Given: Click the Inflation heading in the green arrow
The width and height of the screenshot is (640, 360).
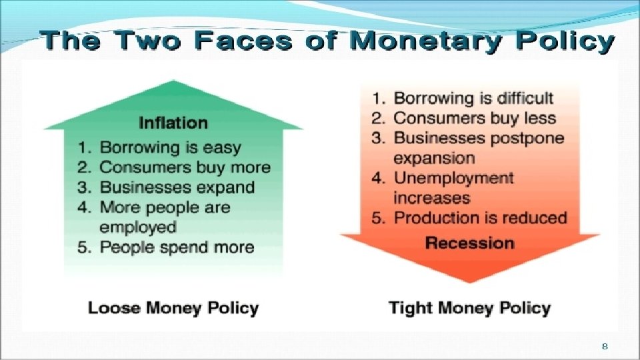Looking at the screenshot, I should pyautogui.click(x=173, y=123).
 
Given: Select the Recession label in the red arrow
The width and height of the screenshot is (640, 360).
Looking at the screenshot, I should pyautogui.click(x=469, y=242).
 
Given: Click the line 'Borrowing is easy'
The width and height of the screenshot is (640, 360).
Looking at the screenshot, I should pyautogui.click(x=170, y=147).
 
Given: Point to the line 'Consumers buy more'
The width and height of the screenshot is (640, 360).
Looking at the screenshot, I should pyautogui.click(x=185, y=167).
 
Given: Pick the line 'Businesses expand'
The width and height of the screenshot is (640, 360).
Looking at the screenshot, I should pyautogui.click(x=177, y=187).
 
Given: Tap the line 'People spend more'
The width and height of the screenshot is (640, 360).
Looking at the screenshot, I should pyautogui.click(x=177, y=247).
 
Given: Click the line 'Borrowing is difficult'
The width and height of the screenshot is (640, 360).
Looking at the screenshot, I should pyautogui.click(x=473, y=98).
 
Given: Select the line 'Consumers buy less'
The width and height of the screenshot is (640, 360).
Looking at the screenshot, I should pyautogui.click(x=475, y=118).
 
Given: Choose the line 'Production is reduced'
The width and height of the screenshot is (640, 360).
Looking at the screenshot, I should pyautogui.click(x=480, y=217).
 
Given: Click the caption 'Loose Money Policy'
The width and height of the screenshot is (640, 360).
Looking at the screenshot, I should pyautogui.click(x=173, y=307).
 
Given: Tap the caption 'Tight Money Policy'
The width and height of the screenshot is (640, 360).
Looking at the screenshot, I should pyautogui.click(x=469, y=307).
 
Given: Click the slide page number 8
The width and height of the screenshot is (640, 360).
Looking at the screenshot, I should pyautogui.click(x=605, y=346).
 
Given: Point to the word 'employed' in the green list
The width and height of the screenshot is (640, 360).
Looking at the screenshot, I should pyautogui.click(x=138, y=227).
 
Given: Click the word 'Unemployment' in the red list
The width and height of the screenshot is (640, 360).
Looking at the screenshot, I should pyautogui.click(x=454, y=178).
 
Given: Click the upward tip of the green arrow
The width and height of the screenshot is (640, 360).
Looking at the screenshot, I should pyautogui.click(x=173, y=83).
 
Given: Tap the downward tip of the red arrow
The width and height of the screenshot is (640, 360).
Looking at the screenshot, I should pyautogui.click(x=469, y=280).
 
